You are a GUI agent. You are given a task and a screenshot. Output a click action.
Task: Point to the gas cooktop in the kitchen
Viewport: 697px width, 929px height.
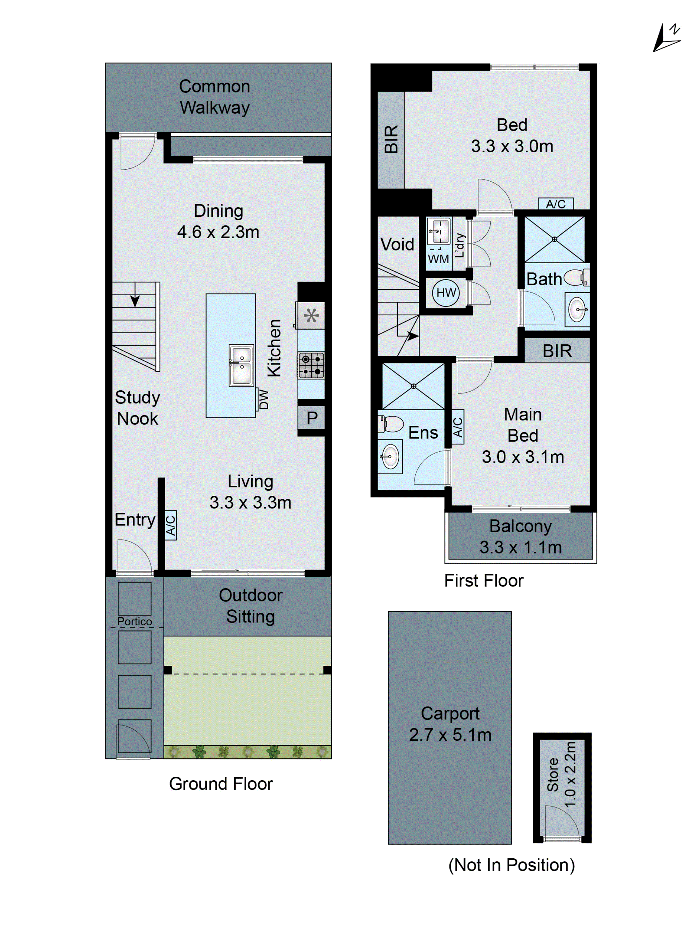point(311,365)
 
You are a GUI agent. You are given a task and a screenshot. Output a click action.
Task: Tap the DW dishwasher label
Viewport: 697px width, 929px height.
point(263,399)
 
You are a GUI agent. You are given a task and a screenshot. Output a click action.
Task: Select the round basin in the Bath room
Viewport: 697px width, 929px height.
point(577,310)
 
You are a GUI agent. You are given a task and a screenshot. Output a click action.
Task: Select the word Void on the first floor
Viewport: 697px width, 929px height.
point(397,244)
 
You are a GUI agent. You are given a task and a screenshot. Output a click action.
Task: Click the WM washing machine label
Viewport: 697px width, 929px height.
point(438,259)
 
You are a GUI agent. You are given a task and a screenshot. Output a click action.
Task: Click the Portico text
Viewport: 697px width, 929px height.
point(134,621)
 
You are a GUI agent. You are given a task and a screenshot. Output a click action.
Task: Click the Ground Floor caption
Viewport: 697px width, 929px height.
point(221,784)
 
